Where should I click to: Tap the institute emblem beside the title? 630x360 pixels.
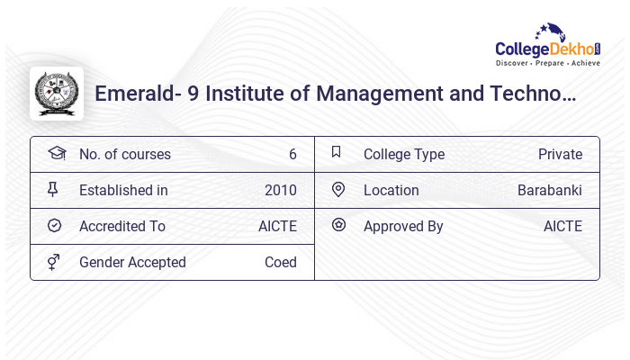(x=57, y=94)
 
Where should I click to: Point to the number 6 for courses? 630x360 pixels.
(x=292, y=155)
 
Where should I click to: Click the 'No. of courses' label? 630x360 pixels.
(x=124, y=155)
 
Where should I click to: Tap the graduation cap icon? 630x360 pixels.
(x=56, y=154)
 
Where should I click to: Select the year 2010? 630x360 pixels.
(x=281, y=191)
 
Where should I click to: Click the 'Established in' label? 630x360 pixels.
(x=123, y=191)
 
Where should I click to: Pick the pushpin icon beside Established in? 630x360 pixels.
(x=54, y=190)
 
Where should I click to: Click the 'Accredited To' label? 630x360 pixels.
(x=122, y=227)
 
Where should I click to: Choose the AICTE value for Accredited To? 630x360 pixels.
(x=277, y=227)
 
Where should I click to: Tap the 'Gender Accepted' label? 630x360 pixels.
(x=132, y=263)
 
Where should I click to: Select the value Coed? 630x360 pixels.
(x=281, y=263)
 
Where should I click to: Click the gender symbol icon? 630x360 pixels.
(x=54, y=262)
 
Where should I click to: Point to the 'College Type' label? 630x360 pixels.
(x=404, y=155)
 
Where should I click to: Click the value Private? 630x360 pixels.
(x=560, y=155)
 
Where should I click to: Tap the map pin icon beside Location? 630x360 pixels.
(x=338, y=190)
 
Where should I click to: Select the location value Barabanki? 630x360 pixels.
(x=550, y=191)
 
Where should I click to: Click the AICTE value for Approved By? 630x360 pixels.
(x=562, y=227)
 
